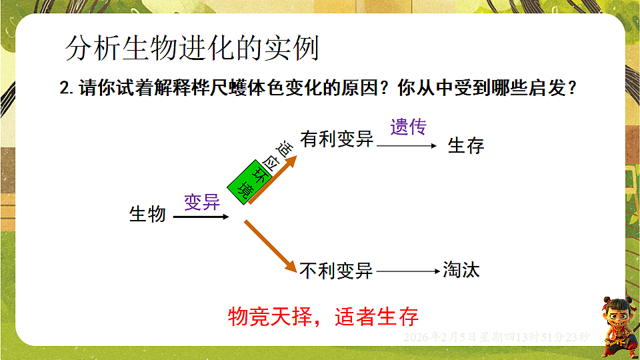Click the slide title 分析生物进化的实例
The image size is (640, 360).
pos(193,48)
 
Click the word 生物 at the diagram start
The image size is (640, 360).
pos(147,214)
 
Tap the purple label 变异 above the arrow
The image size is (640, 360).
pos(202,202)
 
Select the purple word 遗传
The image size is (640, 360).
pos(408,127)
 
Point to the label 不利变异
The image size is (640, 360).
pos(336,271)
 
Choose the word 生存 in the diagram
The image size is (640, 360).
pos(466,145)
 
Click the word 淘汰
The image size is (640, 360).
pos(461,270)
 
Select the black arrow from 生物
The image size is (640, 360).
pos(201,217)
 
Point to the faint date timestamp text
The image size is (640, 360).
pos(496,337)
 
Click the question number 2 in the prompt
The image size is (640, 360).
pos(65,89)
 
